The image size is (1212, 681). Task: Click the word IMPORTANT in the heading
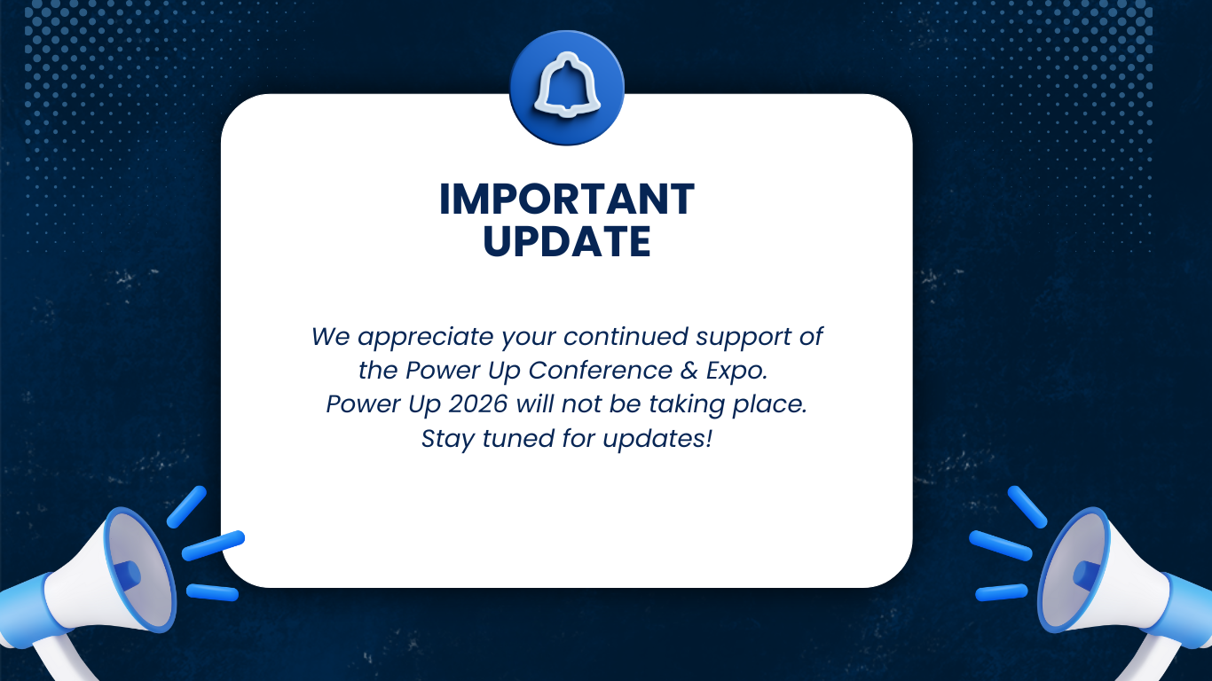pyautogui.click(x=566, y=200)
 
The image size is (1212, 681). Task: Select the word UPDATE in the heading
pyautogui.click(x=566, y=241)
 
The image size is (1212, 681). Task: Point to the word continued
pyautogui.click(x=626, y=337)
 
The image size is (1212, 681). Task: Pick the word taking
pyautogui.click(x=683, y=404)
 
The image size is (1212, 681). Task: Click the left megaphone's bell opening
pyautogui.click(x=138, y=567)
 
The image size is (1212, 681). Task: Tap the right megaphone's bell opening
pyautogui.click(x=1075, y=567)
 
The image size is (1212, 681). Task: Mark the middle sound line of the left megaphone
pyautogui.click(x=213, y=544)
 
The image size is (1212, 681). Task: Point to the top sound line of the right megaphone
pyautogui.click(x=1027, y=505)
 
